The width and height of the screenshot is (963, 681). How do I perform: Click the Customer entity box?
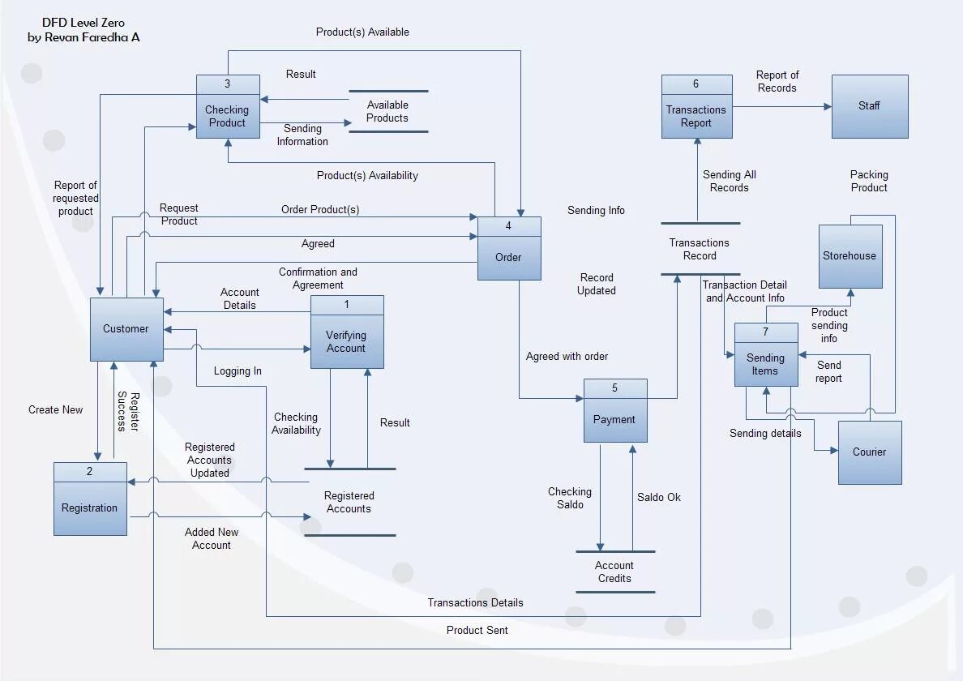click(x=126, y=329)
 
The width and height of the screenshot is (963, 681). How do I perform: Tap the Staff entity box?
click(x=869, y=106)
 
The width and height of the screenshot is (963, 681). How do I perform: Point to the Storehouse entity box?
click(x=850, y=256)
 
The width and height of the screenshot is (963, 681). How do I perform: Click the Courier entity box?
click(x=869, y=452)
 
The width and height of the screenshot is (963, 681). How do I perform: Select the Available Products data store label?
click(x=387, y=111)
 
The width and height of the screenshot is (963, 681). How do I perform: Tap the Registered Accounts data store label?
click(x=349, y=502)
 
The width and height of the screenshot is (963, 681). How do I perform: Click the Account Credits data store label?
click(x=614, y=572)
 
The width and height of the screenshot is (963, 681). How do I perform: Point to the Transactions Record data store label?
click(x=699, y=249)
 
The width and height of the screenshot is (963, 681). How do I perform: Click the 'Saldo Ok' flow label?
click(x=658, y=497)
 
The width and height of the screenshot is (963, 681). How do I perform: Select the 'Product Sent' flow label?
click(x=477, y=630)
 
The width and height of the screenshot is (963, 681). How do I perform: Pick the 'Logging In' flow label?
click(x=238, y=370)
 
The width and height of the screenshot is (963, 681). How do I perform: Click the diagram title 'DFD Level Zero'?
click(x=83, y=23)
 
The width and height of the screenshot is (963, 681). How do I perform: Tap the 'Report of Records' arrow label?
click(x=777, y=81)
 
